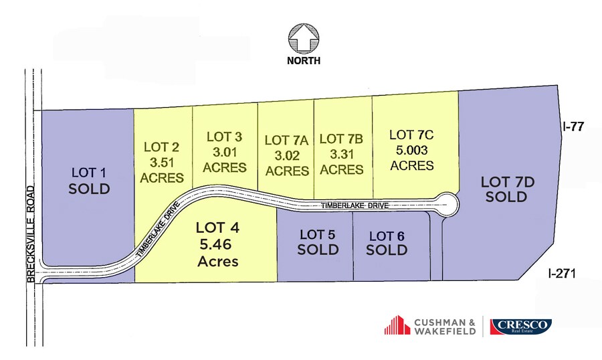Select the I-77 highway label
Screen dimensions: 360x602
[574, 124]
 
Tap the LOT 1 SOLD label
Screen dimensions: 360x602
[89, 181]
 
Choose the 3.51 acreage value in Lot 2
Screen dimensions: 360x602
[163, 162]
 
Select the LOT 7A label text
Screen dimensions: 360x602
[286, 140]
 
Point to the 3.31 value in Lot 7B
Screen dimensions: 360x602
[341, 154]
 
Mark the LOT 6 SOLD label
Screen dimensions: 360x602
[387, 243]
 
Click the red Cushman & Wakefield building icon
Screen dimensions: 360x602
[397, 325]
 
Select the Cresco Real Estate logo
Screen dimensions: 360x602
[521, 327]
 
